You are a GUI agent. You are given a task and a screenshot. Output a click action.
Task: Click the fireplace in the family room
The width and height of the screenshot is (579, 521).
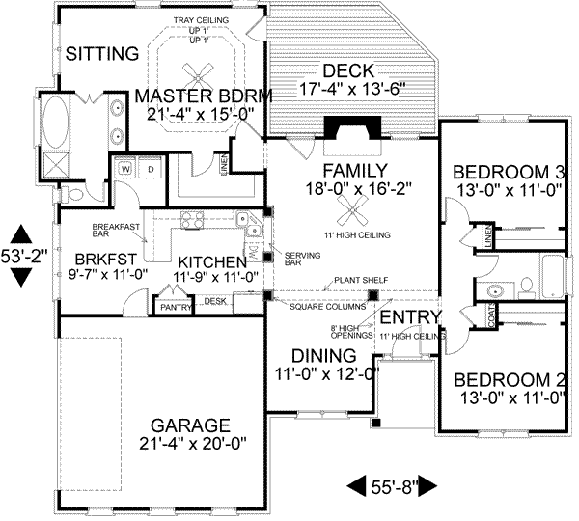click(343, 130)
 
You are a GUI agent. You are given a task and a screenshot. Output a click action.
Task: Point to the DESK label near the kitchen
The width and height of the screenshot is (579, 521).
click(214, 302)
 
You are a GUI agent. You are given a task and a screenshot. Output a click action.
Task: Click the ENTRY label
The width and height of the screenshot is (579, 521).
click(409, 318)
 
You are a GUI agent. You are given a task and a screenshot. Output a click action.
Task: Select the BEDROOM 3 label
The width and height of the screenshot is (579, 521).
click(508, 174)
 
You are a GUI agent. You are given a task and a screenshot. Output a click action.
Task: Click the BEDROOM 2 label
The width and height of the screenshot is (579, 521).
click(508, 378)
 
